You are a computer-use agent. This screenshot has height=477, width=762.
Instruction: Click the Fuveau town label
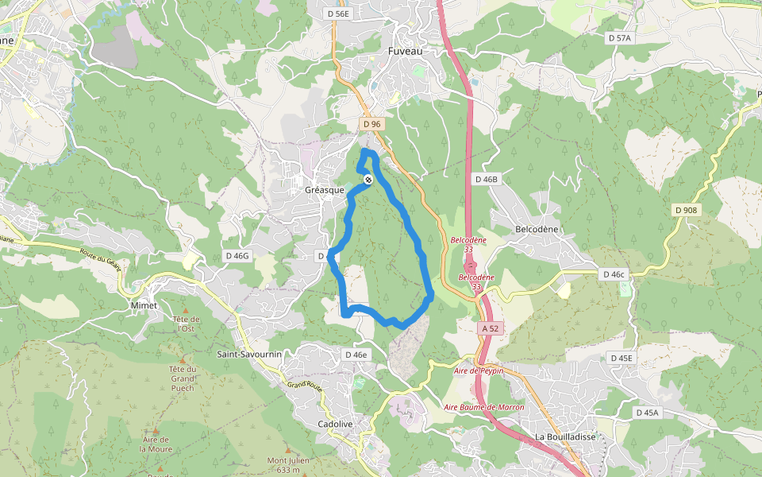point(406,51)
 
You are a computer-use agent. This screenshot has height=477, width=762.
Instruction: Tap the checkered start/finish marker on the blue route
point(368,180)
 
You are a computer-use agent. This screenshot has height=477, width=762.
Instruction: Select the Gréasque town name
point(325,191)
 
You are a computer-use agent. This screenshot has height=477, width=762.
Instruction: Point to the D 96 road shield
point(371,124)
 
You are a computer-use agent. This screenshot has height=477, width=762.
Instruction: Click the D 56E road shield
point(338,14)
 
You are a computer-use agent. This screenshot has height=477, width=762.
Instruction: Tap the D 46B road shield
point(487,180)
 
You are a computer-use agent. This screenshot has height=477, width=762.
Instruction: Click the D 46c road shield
point(614,274)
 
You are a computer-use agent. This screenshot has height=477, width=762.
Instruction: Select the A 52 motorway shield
point(491,328)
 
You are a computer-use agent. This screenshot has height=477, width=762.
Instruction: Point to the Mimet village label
point(144,305)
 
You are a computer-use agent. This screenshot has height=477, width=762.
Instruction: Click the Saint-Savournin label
point(249,353)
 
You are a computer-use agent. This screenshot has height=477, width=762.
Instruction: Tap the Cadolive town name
point(335,424)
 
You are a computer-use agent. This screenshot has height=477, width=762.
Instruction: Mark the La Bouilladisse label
point(565,437)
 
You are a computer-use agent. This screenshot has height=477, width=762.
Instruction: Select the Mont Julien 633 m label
point(287,465)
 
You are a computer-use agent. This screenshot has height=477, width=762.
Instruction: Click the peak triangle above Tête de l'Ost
point(185,308)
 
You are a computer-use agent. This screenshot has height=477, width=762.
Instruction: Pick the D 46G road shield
point(237,255)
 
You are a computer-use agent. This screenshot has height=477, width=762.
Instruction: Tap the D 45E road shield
point(622,358)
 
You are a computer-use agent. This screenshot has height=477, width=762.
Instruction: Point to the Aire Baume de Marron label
point(484,407)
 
